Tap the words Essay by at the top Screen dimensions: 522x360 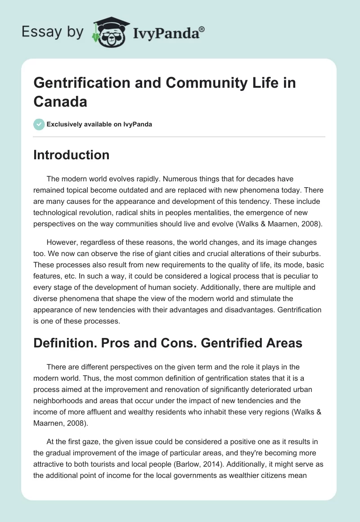[53, 31]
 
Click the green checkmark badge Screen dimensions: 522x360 [39, 124]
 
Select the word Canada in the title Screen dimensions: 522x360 [60, 101]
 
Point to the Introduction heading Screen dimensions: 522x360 [72, 155]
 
